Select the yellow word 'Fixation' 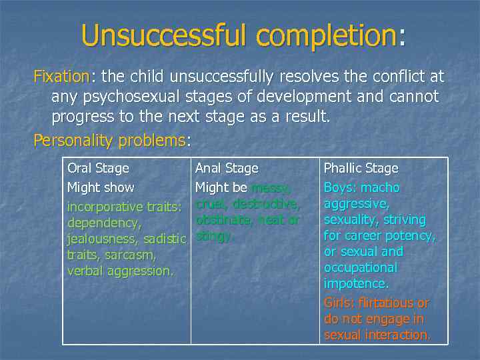tap(61, 77)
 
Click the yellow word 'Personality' tap(73, 141)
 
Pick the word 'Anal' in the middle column tap(208, 169)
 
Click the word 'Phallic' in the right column tap(343, 169)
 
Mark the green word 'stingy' tap(213, 235)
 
